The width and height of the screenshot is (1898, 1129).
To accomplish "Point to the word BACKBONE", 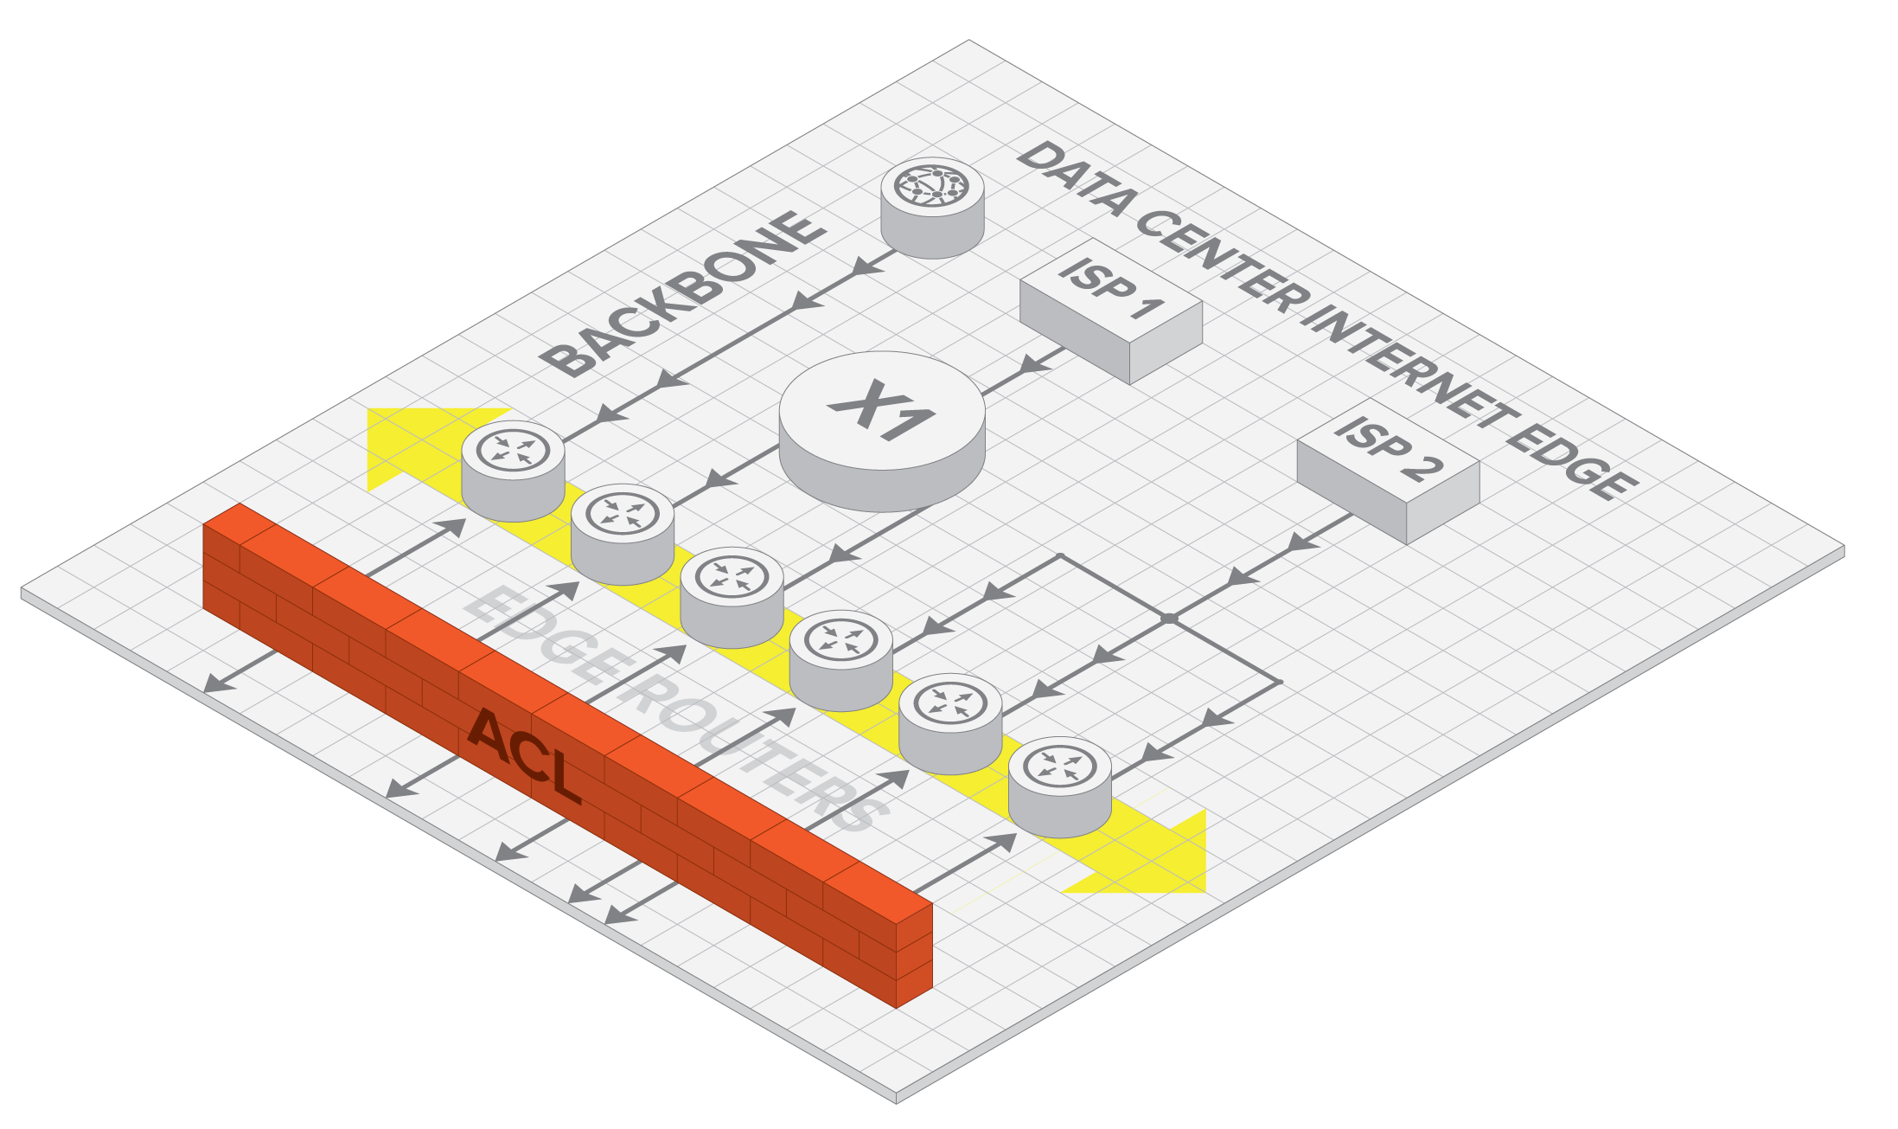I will pyautogui.click(x=683, y=294).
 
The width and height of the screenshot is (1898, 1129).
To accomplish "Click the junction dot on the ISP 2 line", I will pyautogui.click(x=1168, y=619).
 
